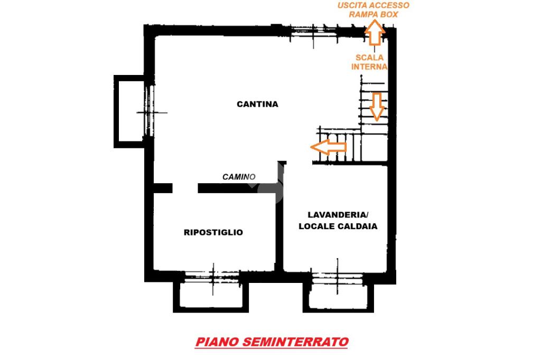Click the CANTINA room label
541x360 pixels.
click(x=257, y=104)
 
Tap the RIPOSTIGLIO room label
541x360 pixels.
click(x=213, y=232)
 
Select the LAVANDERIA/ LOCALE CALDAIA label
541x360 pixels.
click(x=338, y=220)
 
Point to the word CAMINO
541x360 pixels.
click(x=239, y=177)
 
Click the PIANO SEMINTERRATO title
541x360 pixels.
click(x=272, y=342)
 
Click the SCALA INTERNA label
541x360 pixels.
click(x=370, y=62)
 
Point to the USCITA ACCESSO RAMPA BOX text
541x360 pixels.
click(x=374, y=10)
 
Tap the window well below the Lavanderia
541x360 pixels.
click(x=338, y=296)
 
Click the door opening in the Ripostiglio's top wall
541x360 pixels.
click(x=185, y=187)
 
